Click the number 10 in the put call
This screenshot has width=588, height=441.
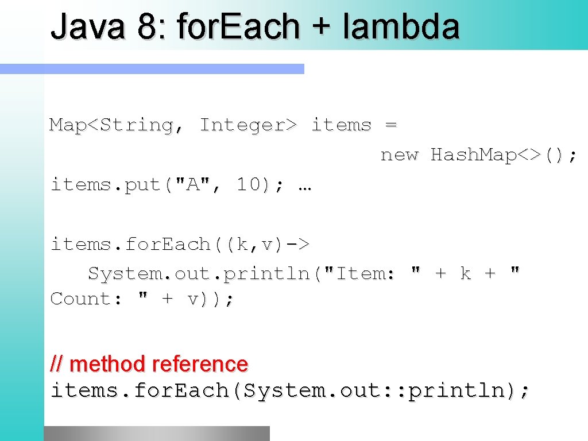tap(249, 184)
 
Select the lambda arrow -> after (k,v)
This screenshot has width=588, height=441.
tap(297, 244)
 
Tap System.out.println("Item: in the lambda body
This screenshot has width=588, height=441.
tap(241, 274)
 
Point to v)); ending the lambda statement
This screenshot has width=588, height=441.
tap(210, 299)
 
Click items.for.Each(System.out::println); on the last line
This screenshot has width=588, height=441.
tap(291, 390)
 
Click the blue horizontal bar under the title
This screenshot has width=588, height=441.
tap(152, 69)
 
